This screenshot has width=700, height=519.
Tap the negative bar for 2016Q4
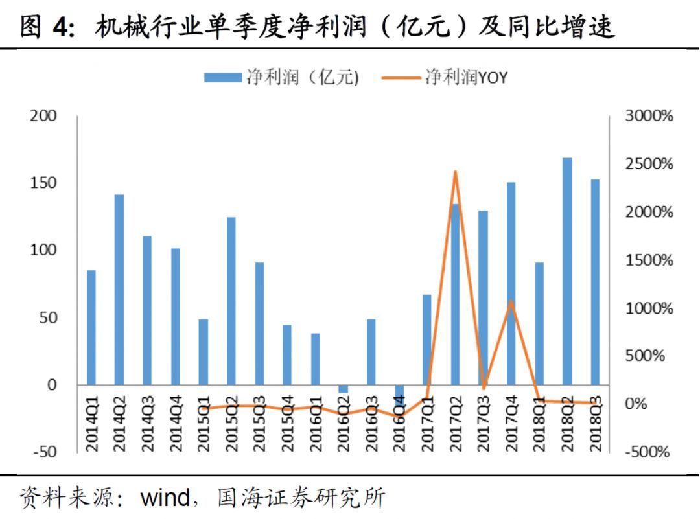tap(399, 391)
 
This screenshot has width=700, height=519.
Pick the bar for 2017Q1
tap(427, 340)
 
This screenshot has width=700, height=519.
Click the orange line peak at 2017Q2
tap(455, 172)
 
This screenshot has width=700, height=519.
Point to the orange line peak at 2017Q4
tap(511, 301)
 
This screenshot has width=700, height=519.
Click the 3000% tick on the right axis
tap(649, 116)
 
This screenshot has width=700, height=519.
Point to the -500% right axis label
tap(647, 452)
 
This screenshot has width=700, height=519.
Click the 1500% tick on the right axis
tap(649, 260)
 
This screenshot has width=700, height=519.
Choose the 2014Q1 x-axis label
tap(92, 424)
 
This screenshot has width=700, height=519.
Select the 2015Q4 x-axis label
tap(288, 424)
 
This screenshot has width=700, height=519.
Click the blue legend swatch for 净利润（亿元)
tap(223, 77)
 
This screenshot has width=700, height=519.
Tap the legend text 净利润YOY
tap(466, 77)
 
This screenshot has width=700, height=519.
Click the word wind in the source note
tap(165, 498)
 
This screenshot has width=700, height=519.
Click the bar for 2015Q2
tap(231, 301)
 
